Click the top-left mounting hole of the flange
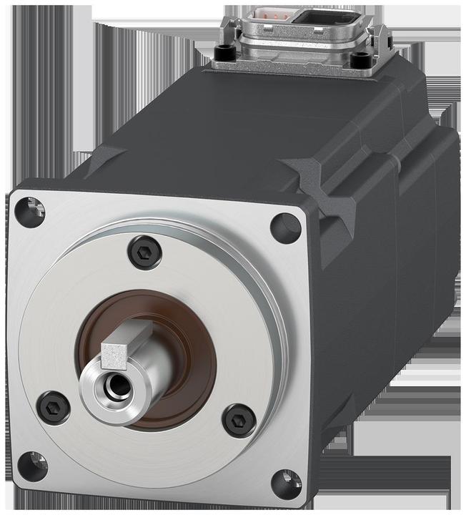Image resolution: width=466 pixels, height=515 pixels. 31,212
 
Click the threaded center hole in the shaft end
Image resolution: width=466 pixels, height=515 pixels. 112,387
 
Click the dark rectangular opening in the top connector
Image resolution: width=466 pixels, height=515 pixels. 330,17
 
